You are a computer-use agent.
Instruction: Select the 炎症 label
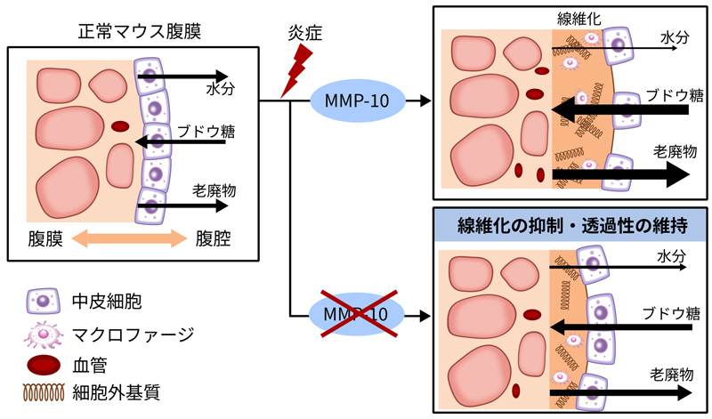[x=301, y=36]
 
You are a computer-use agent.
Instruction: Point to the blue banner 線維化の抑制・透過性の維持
[x=570, y=224]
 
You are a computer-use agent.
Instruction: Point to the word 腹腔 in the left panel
[x=213, y=239]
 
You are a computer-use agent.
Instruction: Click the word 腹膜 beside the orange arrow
[x=44, y=239]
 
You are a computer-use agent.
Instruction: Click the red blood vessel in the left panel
[x=119, y=126]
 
